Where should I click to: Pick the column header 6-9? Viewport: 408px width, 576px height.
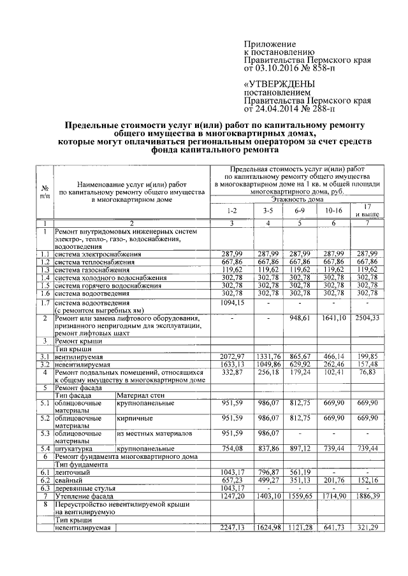(302, 209)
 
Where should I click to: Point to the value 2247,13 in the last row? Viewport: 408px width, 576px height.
(231, 528)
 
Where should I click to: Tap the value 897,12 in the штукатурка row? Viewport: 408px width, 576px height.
(302, 449)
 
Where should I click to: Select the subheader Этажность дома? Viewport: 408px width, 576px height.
(298, 199)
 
